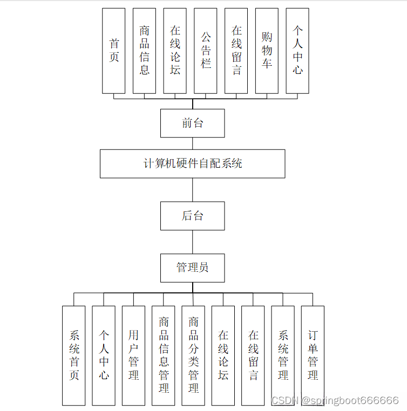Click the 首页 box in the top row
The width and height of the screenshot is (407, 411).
click(114, 51)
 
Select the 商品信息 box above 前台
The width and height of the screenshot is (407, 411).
click(144, 51)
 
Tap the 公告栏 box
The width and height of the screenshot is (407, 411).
click(206, 51)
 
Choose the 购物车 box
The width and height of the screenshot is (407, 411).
click(267, 51)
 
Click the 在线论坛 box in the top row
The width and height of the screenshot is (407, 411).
click(175, 51)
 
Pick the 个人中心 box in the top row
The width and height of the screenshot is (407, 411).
click(297, 51)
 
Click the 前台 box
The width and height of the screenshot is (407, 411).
click(192, 123)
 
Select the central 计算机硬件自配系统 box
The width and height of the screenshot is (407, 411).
click(192, 163)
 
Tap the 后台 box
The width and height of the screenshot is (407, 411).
click(192, 216)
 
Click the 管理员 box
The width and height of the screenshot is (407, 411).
click(192, 268)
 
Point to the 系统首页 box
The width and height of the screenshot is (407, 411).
click(73, 355)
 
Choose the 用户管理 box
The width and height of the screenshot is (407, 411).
click(133, 355)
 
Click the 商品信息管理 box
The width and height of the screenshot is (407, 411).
click(164, 355)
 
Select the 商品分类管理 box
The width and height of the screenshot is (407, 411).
click(193, 355)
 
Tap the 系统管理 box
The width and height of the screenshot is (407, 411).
click(283, 355)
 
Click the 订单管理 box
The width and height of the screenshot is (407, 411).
click(313, 355)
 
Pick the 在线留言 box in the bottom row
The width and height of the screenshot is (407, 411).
click(253, 355)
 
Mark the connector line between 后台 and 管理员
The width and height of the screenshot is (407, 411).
click(192, 242)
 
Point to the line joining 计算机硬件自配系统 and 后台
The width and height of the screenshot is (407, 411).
click(192, 190)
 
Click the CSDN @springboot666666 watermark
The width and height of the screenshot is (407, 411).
click(335, 400)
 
